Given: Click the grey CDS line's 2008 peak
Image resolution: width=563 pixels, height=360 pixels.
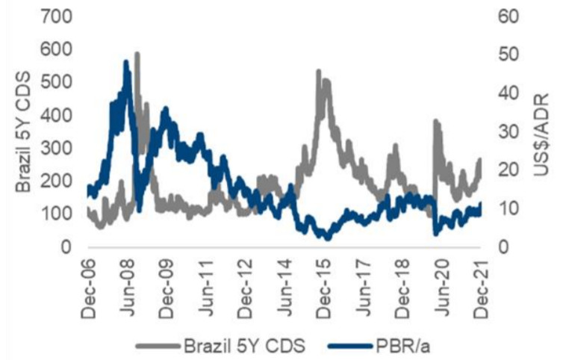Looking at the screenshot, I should point(137,54).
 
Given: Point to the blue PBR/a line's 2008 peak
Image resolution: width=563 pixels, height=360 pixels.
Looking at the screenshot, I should point(126,63).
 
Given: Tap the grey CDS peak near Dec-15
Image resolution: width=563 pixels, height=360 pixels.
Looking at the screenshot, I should point(319,72).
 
